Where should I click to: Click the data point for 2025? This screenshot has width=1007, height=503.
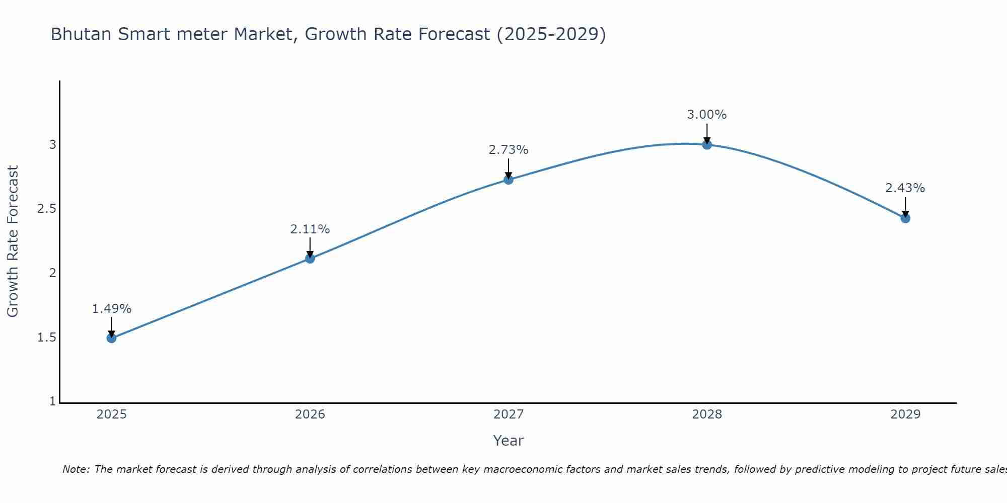coord(112,338)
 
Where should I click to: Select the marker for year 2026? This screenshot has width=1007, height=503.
coord(310,259)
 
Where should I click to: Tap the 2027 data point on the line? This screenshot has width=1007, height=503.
coord(509,180)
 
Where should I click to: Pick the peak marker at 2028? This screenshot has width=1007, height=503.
coord(707,145)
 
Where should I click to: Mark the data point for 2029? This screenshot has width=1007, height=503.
coord(905,218)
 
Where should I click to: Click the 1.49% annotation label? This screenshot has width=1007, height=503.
coord(112,309)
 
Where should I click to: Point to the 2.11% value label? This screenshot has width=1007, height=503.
coord(310,229)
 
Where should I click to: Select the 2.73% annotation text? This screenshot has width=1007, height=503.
coord(509,150)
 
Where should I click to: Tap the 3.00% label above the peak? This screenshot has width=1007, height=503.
coord(707,115)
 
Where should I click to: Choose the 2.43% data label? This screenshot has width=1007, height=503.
coord(905,188)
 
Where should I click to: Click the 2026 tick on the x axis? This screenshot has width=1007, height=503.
coord(310,414)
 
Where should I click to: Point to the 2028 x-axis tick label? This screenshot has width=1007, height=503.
coord(707,414)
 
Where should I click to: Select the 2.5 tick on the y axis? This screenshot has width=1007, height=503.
coord(46,209)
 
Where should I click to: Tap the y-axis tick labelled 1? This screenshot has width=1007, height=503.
coord(53,401)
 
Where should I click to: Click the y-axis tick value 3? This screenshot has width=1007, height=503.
coord(53,145)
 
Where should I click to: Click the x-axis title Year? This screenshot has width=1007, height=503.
coord(509,441)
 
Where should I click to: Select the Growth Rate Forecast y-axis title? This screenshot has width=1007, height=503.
coord(13,241)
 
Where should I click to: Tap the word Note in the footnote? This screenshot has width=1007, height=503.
coord(76,469)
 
